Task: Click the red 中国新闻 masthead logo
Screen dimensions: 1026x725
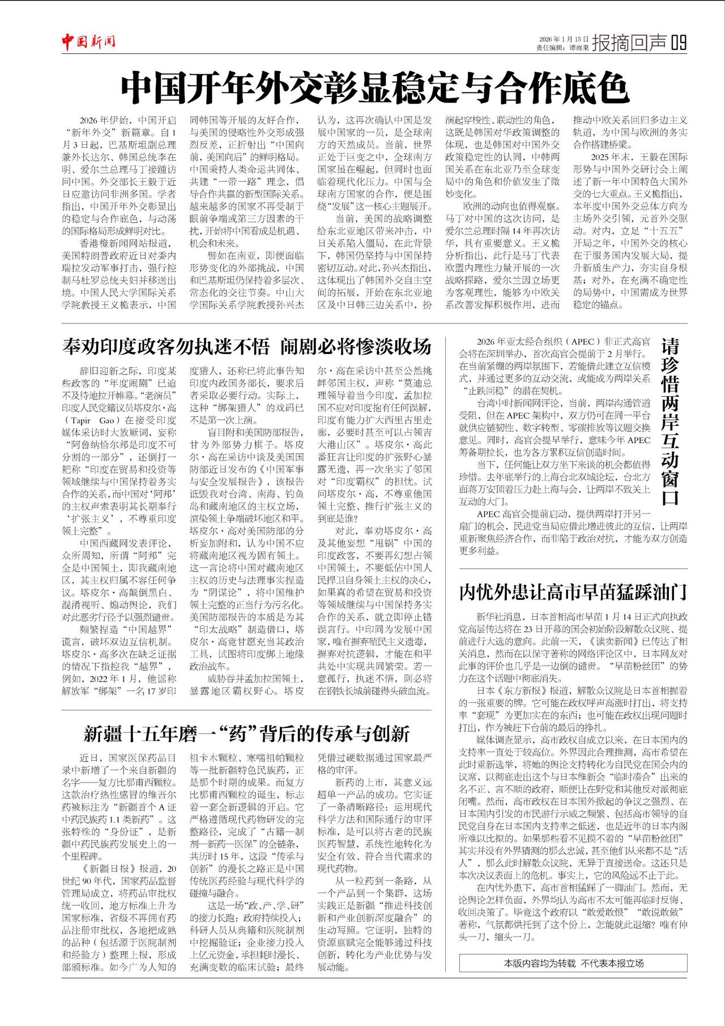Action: [89, 42]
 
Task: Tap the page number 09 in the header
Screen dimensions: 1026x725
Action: [679, 42]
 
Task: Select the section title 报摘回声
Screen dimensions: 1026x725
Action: [629, 42]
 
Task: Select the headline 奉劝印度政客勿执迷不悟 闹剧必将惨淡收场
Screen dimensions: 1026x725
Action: [247, 346]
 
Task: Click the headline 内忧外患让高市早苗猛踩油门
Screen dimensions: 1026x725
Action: [573, 592]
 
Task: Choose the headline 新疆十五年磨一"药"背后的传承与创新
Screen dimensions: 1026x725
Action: [246, 734]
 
